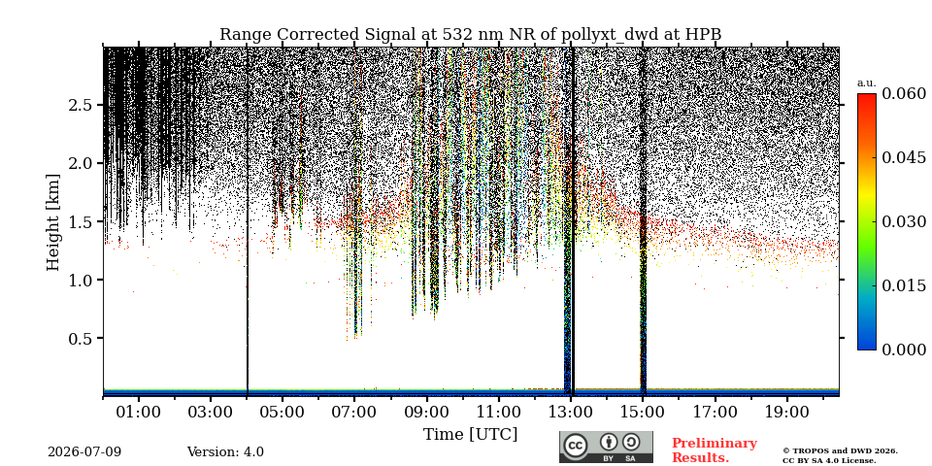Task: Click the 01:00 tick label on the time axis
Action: [139, 413]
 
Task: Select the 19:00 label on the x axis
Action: [787, 413]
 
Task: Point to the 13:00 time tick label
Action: [571, 413]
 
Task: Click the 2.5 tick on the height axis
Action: [82, 105]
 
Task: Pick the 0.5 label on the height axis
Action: [82, 338]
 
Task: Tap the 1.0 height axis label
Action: [82, 280]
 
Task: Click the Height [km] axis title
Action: [53, 222]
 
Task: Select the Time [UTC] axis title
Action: [470, 435]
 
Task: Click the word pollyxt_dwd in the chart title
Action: [609, 35]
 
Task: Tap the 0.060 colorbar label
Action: [904, 93]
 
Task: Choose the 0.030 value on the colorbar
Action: [904, 221]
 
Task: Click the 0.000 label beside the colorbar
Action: [904, 349]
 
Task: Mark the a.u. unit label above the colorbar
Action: [867, 83]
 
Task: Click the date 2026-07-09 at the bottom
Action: [84, 452]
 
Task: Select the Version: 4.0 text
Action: [225, 452]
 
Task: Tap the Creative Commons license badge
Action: [606, 447]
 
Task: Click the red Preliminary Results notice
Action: [715, 450]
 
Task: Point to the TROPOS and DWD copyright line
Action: [840, 451]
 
